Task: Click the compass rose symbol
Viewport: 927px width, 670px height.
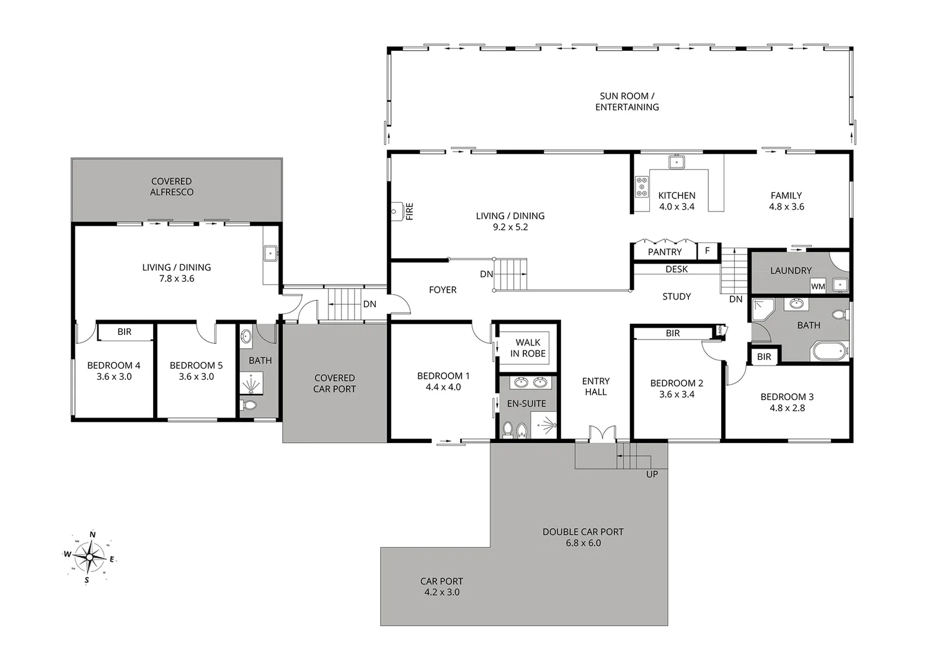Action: (x=91, y=556)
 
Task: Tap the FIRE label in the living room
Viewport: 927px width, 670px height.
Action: (x=409, y=212)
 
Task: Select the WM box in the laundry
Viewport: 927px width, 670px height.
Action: (x=818, y=287)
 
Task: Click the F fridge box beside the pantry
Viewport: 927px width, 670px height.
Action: (x=707, y=251)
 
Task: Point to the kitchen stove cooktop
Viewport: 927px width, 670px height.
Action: (x=641, y=186)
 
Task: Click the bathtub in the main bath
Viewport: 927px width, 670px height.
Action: (x=829, y=351)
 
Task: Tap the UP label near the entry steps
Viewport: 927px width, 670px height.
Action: (x=652, y=474)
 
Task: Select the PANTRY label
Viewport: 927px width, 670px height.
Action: (x=664, y=252)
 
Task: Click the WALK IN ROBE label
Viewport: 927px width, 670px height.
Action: (x=528, y=348)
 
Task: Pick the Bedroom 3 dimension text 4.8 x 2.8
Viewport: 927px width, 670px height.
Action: (x=787, y=408)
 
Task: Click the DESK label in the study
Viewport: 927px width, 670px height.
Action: (x=676, y=269)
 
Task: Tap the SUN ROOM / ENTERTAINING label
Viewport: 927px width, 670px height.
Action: (x=627, y=102)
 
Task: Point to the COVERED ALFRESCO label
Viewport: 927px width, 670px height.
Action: (x=172, y=187)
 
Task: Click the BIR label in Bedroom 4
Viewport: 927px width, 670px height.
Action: (x=125, y=332)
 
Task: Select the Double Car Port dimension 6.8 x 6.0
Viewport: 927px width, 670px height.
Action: (x=583, y=543)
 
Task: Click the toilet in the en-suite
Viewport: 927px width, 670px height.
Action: (x=508, y=429)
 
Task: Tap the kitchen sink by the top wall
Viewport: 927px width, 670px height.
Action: (x=676, y=163)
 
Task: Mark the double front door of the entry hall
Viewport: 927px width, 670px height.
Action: (x=601, y=434)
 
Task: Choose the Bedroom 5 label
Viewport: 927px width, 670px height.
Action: (x=196, y=365)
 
